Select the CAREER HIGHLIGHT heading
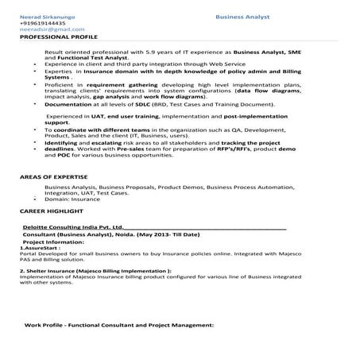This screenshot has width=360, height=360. pos(51,212)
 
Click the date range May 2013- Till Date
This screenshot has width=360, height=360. pos(168,235)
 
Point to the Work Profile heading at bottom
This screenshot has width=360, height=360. pos(119,325)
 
